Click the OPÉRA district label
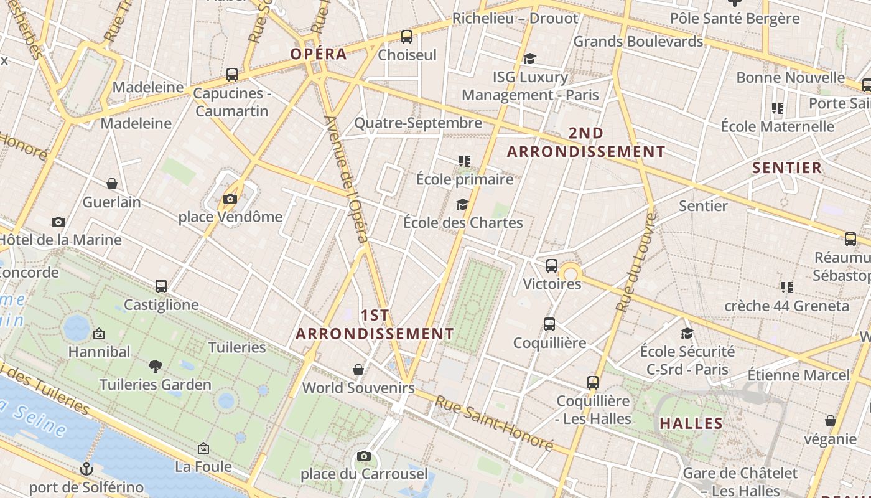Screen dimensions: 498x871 click(319, 54)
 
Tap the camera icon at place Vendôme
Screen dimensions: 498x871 click(230, 199)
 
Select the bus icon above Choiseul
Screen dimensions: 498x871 click(407, 37)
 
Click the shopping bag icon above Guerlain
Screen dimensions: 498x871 click(112, 184)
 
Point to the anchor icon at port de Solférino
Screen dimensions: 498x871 click(86, 469)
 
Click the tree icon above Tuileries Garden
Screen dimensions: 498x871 click(156, 367)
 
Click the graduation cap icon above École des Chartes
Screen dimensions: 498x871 click(462, 204)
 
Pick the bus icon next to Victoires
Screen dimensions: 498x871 click(552, 266)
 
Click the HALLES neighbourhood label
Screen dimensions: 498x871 click(691, 424)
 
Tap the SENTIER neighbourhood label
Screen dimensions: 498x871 click(787, 168)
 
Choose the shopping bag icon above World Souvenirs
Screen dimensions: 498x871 click(358, 370)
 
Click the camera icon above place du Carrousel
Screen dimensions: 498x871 click(364, 456)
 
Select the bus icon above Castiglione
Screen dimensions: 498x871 click(161, 286)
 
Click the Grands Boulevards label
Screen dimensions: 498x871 click(638, 42)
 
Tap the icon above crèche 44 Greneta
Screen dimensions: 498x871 click(787, 288)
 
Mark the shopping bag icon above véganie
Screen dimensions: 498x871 click(830, 421)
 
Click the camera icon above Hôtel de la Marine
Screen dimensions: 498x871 click(58, 222)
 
